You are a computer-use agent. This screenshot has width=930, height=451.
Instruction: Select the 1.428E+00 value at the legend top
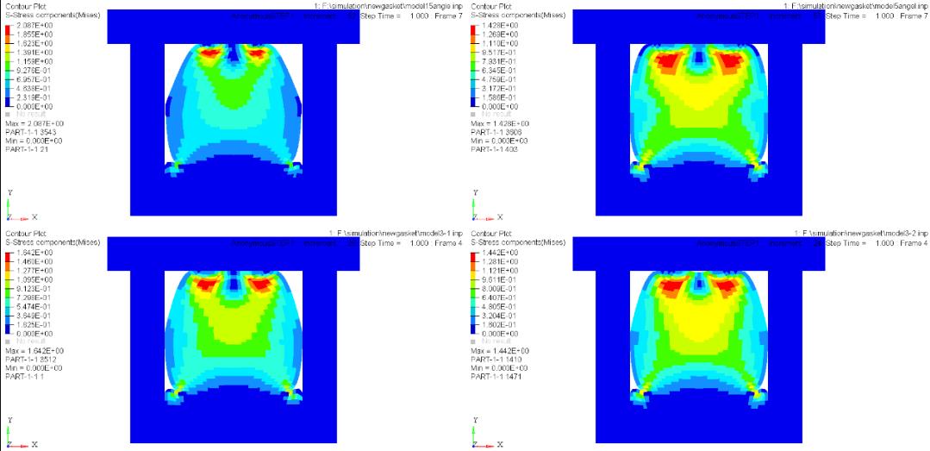(498, 25)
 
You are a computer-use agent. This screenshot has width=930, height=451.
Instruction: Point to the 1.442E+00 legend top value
(498, 252)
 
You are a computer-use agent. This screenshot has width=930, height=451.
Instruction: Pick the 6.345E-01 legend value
(498, 71)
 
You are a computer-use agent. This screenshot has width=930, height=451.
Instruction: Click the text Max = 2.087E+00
(35, 122)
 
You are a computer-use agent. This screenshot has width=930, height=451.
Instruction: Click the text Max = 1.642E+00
(35, 350)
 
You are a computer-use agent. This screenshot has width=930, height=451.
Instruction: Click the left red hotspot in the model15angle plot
(210, 52)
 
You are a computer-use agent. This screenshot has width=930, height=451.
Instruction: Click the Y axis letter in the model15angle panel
(9, 192)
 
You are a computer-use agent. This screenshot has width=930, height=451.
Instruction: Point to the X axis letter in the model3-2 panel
(499, 445)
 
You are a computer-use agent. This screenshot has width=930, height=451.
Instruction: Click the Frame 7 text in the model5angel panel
(913, 16)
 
